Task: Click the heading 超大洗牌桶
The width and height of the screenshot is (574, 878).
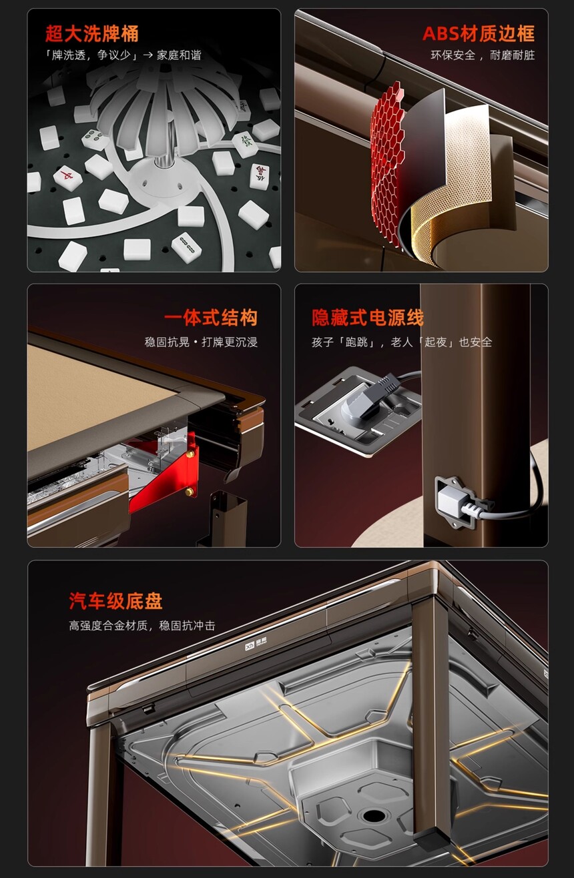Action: point(91,33)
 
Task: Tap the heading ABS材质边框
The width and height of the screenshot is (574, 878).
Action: point(479,33)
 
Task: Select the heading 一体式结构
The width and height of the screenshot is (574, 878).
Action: point(210,318)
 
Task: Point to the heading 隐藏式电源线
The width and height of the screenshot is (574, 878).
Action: point(367,318)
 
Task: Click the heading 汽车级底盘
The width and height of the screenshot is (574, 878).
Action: point(115,601)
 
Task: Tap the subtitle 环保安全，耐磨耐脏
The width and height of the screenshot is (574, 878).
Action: point(483,55)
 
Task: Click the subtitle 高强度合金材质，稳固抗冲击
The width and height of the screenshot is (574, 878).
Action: point(142,626)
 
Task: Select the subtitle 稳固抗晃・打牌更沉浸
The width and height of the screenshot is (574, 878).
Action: point(201,342)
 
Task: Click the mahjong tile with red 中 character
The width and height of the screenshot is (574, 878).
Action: point(68,177)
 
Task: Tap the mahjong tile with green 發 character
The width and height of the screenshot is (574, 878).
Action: point(246,144)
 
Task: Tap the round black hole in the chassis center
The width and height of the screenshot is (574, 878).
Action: point(374,816)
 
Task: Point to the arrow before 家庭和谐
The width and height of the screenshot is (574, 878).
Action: point(148,55)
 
